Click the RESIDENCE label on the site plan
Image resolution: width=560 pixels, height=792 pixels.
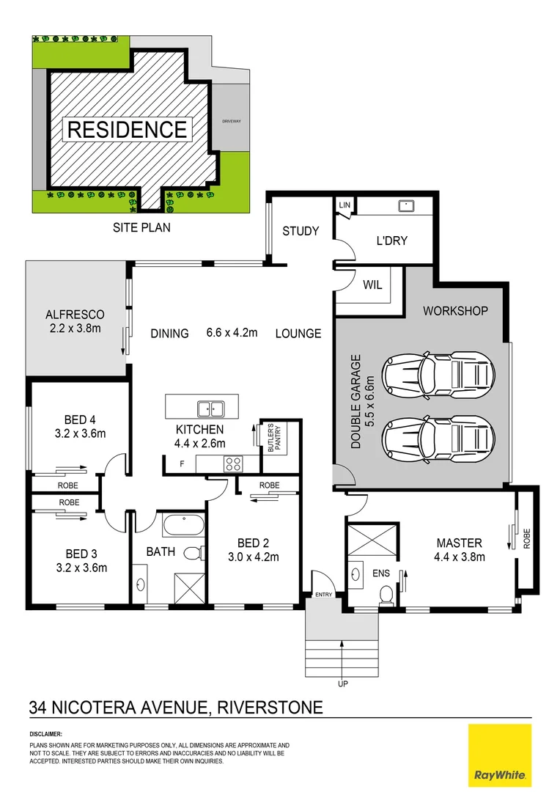[128, 130]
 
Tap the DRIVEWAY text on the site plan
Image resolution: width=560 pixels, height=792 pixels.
[232, 122]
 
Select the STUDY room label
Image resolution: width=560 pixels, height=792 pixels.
[301, 231]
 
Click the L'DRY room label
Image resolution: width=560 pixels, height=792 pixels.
[392, 241]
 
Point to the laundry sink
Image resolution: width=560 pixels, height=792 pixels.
[404, 206]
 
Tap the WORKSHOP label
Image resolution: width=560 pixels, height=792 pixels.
[455, 311]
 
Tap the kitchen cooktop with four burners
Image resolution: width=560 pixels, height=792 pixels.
[232, 463]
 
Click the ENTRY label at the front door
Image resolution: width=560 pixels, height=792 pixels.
[323, 595]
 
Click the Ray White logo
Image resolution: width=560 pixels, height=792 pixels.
[499, 754]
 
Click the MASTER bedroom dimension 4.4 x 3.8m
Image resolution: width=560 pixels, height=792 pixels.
[460, 557]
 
